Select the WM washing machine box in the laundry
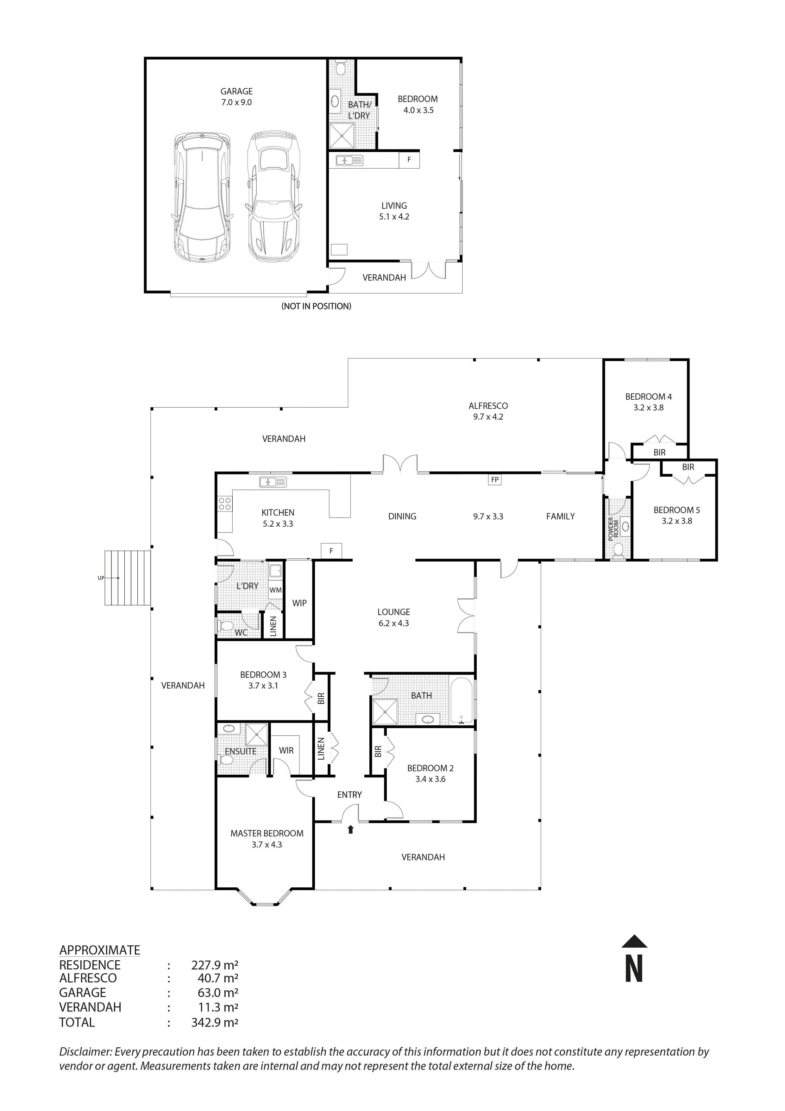275,590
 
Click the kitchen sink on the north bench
273,482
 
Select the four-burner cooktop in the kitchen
224,504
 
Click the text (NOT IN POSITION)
316,306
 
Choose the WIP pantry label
299,603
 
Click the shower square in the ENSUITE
257,734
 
